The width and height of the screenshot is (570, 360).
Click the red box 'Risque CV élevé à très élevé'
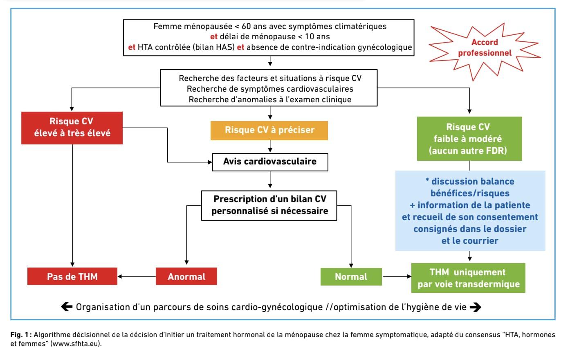[72, 128]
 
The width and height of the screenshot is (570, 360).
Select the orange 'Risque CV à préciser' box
[269, 130]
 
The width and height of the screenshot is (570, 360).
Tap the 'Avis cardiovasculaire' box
[270, 162]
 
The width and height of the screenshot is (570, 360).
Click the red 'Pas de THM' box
[72, 277]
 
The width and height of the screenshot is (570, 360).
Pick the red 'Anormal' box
[186, 277]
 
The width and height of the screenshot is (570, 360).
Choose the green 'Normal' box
[351, 277]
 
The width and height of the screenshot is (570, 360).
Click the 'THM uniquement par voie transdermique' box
[469, 278]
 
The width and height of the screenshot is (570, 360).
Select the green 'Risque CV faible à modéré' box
[469, 139]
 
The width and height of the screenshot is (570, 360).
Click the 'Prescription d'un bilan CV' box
[269, 205]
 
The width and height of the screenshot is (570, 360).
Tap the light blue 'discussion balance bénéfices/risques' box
[470, 211]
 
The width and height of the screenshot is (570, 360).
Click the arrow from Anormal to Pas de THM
[137, 277]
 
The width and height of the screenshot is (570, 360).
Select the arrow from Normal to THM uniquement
[397, 277]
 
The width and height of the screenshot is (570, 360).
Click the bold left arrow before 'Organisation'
[67, 307]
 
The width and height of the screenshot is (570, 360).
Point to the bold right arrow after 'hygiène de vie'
[475, 307]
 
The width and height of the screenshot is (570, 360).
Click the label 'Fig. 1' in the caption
[19, 335]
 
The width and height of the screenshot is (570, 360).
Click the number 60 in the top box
[246, 26]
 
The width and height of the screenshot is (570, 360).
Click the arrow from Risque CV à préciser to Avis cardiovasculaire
[270, 146]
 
